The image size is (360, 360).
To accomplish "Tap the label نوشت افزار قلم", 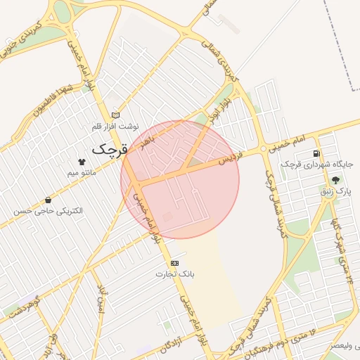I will tap(116, 127).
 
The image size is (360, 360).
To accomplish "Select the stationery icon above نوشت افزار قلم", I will tap(116, 115).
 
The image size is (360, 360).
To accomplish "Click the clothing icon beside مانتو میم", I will tap(82, 162).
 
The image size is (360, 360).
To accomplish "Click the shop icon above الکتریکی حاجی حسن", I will tap(48, 200).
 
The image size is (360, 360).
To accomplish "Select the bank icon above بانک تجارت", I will tap(174, 263).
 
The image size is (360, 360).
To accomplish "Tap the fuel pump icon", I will tap(316, 153).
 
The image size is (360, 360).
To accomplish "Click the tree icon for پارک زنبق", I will tap(335, 180).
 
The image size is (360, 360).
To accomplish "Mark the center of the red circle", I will tap(180, 179).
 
